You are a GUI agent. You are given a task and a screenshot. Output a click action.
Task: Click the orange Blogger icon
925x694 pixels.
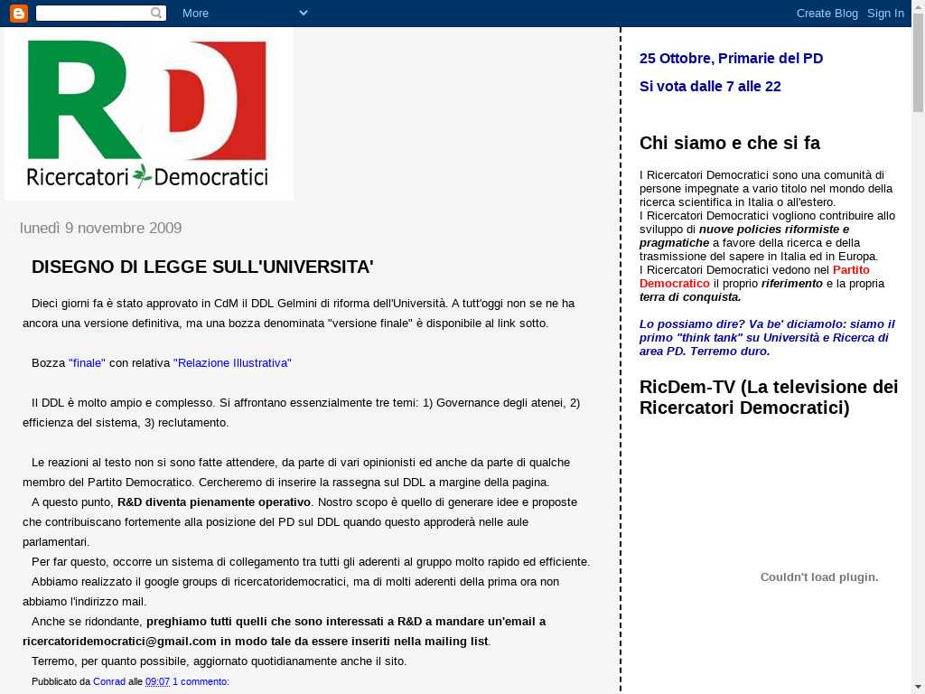point(18,13)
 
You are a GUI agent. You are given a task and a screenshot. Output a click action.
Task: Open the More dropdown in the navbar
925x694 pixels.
point(244,13)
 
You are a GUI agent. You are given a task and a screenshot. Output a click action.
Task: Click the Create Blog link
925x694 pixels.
point(827,13)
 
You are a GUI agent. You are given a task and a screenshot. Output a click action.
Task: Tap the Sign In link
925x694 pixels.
point(885,13)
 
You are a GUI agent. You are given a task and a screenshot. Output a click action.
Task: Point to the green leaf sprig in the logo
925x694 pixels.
point(141,174)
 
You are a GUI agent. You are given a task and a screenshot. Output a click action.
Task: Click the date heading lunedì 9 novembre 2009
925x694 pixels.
point(100,228)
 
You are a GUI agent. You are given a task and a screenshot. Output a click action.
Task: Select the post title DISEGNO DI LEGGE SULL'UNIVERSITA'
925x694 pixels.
point(202,267)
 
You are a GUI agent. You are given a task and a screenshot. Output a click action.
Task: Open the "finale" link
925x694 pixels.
point(87,362)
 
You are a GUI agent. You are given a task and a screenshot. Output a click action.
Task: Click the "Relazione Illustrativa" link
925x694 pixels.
point(232,362)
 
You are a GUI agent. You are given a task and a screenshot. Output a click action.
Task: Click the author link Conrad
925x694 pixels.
point(109,681)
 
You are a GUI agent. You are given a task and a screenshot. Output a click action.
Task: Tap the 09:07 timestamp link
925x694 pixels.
point(157,681)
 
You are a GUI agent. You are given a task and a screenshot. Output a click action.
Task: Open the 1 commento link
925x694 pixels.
point(201,681)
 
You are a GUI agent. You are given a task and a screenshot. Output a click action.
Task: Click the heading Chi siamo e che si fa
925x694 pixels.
point(730,143)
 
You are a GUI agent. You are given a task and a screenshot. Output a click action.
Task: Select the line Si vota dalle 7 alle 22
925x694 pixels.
point(710,86)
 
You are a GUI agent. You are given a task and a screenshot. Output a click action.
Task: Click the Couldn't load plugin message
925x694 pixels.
point(818,577)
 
